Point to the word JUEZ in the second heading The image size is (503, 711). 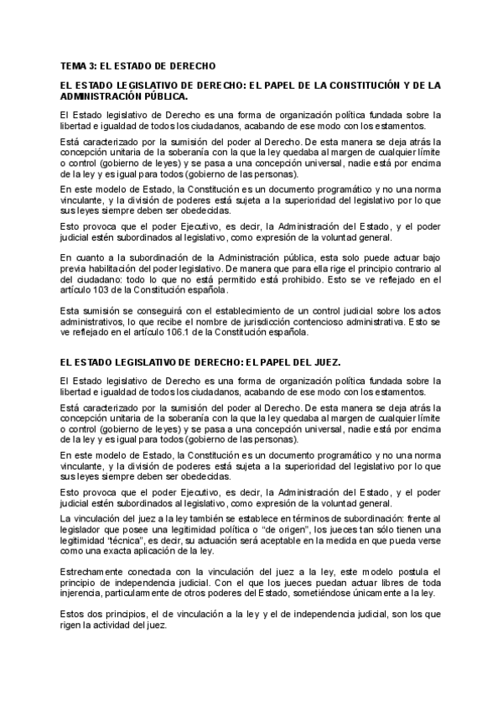pyautogui.click(x=322, y=362)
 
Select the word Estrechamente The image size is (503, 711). pyautogui.click(x=91, y=572)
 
